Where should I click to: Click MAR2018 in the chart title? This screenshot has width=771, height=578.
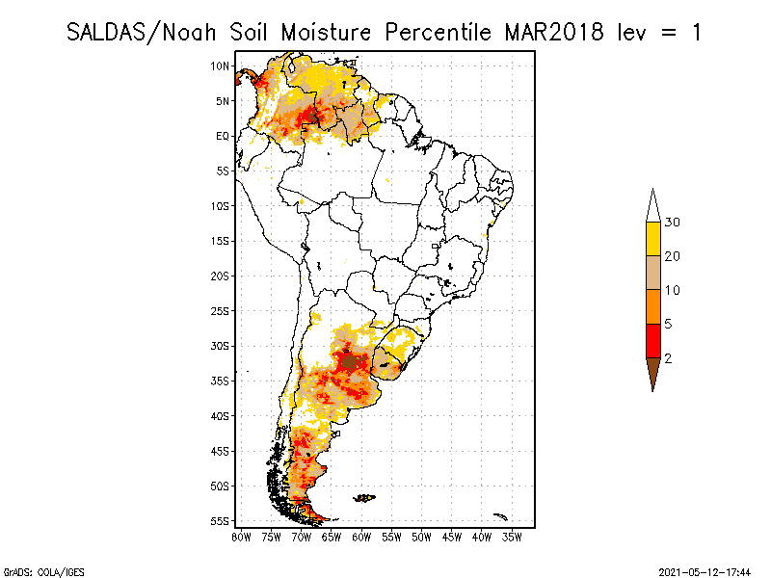pos(553,32)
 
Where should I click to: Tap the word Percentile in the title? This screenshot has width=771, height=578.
pos(440,32)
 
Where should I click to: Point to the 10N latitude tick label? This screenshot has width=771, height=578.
pos(221,66)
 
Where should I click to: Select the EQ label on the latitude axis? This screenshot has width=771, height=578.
pos(223,136)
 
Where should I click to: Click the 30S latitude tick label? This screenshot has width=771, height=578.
pos(221,346)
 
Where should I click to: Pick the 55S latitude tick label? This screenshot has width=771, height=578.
pos(221,521)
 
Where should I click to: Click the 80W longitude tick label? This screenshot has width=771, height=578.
pos(241,537)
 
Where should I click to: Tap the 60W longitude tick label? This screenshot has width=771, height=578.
pos(361,537)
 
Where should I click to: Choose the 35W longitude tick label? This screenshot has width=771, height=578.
pos(512,537)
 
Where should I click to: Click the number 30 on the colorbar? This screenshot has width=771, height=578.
pos(673,223)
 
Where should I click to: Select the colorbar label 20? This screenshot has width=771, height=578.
pos(673,256)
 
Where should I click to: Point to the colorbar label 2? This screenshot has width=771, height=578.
pos(668,357)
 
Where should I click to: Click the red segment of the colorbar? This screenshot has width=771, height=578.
pos(653,340)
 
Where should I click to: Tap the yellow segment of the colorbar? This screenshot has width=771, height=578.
pos(653,239)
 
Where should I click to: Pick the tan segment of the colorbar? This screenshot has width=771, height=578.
pos(653,273)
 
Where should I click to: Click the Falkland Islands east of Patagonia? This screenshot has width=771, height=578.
pos(364,498)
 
